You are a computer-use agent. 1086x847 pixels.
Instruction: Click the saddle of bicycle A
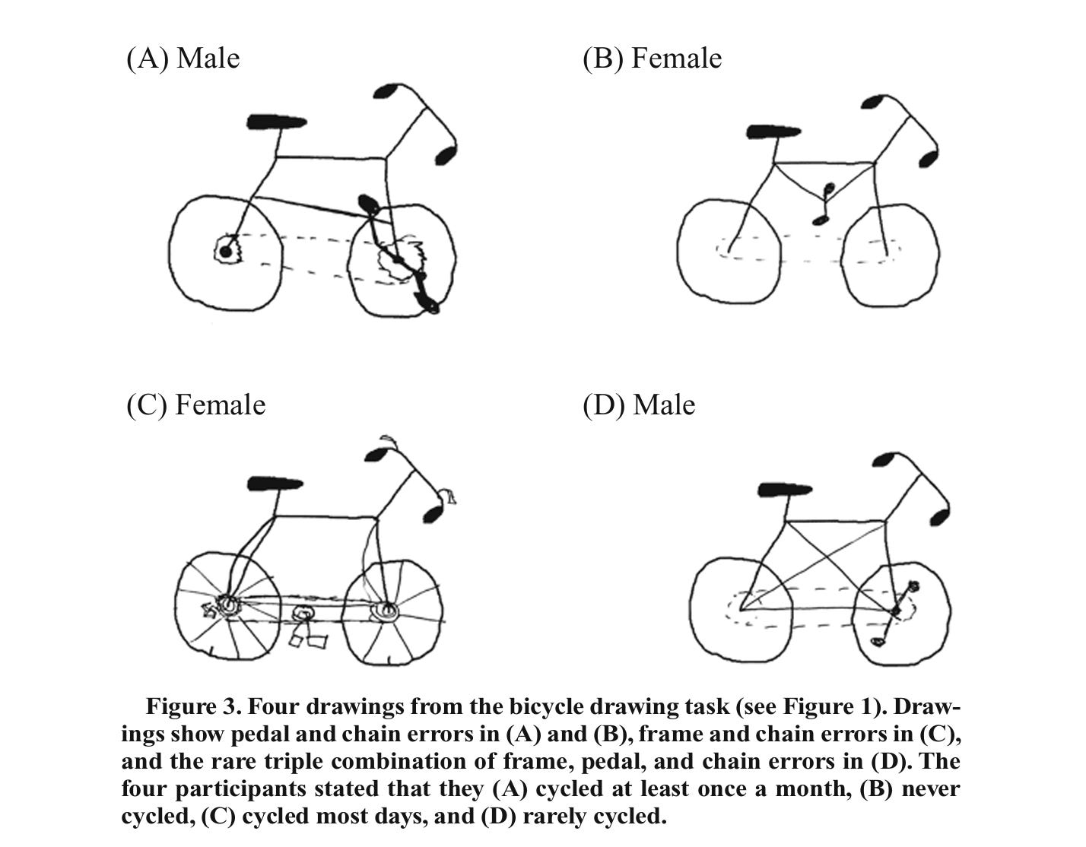[x=276, y=122]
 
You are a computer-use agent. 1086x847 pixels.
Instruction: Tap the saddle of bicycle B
[x=773, y=132]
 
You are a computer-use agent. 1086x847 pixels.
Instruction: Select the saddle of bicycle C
[x=275, y=484]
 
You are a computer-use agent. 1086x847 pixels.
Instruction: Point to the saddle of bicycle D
[x=785, y=490]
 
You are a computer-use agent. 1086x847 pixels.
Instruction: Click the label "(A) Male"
[x=183, y=59]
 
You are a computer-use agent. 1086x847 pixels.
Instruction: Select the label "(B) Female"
[x=653, y=59]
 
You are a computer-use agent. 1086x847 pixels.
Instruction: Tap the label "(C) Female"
[x=196, y=405]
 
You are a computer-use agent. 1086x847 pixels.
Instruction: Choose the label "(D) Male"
[x=639, y=405]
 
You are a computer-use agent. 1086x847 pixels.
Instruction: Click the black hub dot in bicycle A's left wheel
[x=225, y=252]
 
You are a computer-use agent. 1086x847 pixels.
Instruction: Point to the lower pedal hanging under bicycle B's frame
[x=818, y=220]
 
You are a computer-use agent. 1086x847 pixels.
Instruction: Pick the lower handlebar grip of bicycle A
[x=446, y=155]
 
